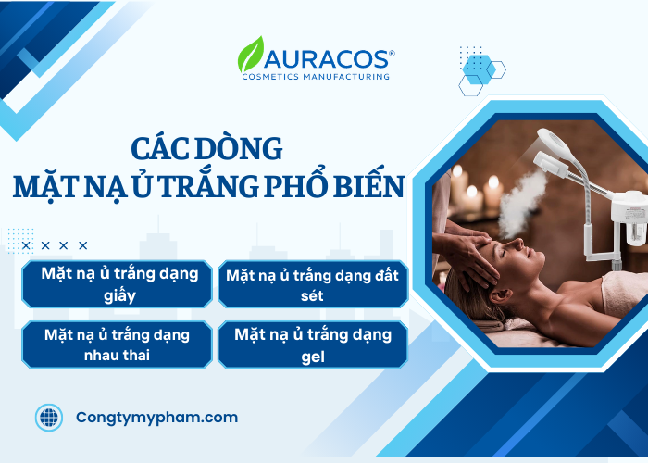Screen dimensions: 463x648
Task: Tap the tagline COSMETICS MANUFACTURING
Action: [x=315, y=76]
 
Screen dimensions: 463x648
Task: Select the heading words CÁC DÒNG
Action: [x=206, y=149]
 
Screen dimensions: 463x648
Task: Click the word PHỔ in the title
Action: [x=296, y=186]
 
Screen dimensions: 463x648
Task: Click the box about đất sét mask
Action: [x=312, y=284]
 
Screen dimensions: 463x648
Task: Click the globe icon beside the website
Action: [x=49, y=418]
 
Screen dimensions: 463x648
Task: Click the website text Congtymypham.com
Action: [x=156, y=418]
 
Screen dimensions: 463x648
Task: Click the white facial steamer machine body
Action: [x=629, y=218]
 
